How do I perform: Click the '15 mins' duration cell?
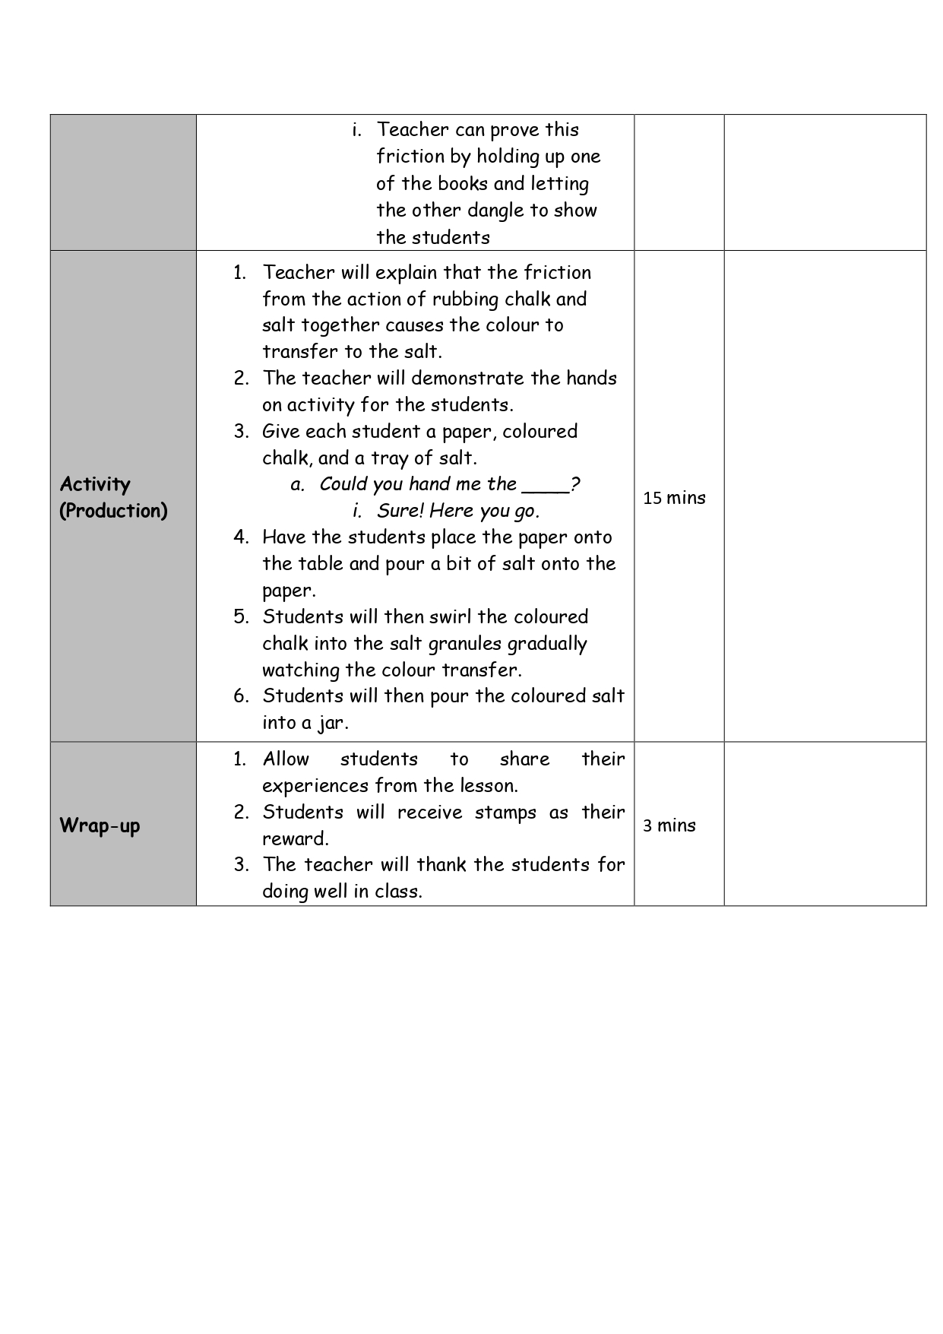point(674,498)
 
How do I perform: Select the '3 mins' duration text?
point(669,825)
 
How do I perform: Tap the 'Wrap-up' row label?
point(100,825)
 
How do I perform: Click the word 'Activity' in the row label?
point(95,484)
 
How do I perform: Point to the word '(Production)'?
point(113,511)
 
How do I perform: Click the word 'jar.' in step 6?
point(333,723)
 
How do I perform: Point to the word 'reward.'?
point(295,838)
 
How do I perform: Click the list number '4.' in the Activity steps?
point(241,537)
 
